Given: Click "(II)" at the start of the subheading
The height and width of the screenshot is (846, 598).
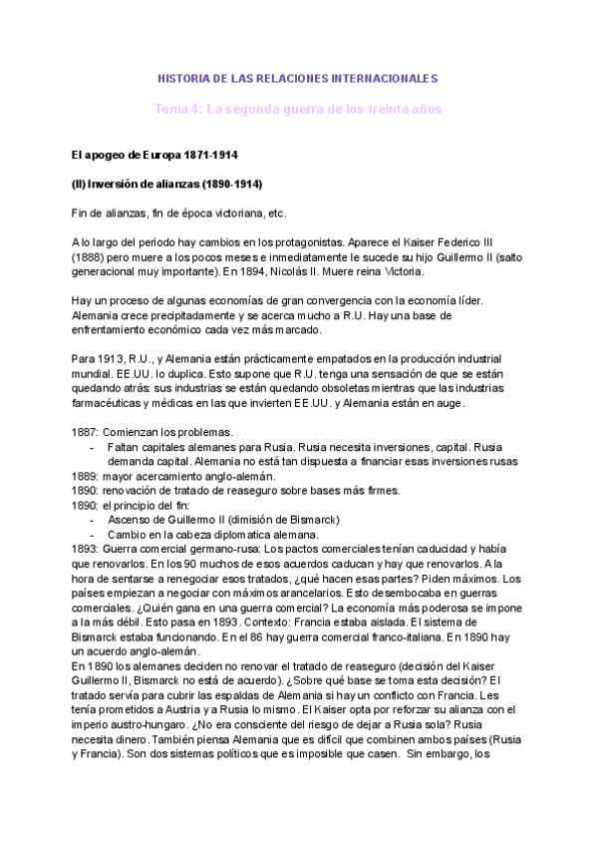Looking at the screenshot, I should (81, 185).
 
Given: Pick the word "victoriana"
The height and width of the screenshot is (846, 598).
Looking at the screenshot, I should (246, 213).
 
